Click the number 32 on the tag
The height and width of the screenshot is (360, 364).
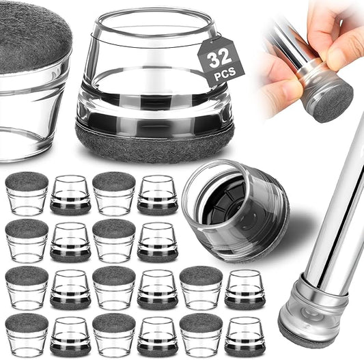click(220, 59)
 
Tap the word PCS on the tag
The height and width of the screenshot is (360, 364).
click(225, 73)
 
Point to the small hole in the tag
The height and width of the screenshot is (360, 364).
click(211, 42)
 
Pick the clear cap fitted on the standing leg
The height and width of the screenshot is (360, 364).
click(313, 305)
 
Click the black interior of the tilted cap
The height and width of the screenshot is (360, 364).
click(223, 202)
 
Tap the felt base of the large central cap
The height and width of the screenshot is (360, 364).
click(155, 143)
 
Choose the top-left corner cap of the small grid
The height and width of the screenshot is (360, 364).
click(27, 193)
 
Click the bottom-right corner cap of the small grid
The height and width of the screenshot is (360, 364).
click(244, 336)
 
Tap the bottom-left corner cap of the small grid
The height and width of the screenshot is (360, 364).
click(27, 335)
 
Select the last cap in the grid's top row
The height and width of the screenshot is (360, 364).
click(157, 195)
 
